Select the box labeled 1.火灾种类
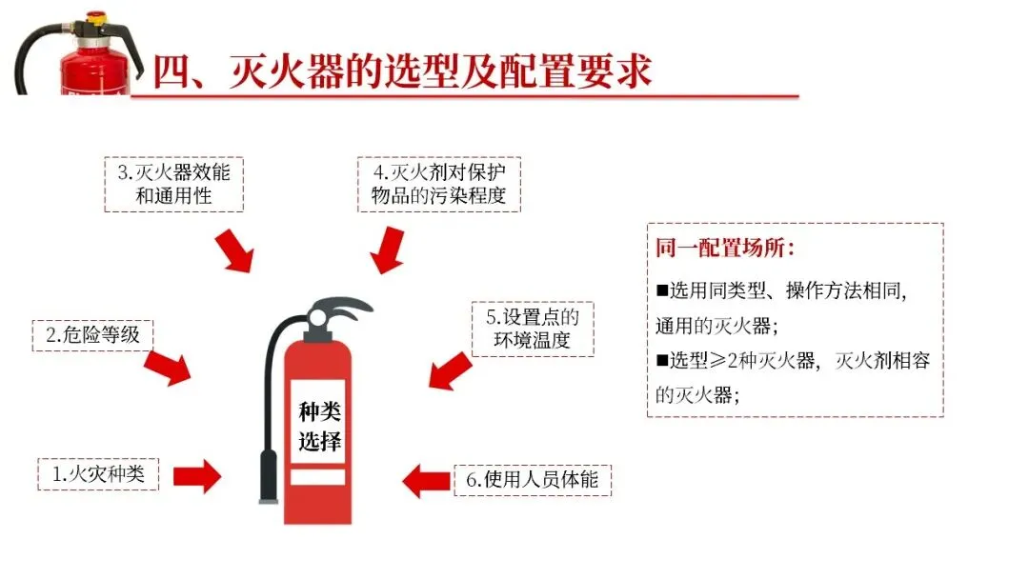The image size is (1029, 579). (98, 473)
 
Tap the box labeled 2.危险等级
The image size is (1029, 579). (92, 335)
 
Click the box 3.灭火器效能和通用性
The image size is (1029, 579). (173, 185)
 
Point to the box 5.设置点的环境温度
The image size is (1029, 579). (533, 329)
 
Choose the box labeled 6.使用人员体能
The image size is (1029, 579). (532, 479)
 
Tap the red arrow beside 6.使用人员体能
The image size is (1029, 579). (425, 479)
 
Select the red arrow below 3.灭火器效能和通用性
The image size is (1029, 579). (234, 250)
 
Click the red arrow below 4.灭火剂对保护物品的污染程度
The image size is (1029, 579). (386, 250)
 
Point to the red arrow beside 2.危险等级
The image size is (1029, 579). (168, 367)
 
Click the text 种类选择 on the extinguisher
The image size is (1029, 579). (318, 427)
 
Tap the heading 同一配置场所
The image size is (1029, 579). (724, 250)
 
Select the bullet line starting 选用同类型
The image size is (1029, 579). (781, 290)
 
